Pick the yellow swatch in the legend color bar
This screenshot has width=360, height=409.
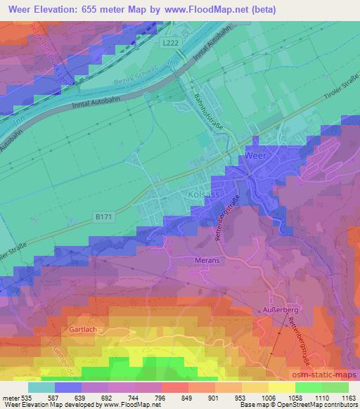[282, 387]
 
